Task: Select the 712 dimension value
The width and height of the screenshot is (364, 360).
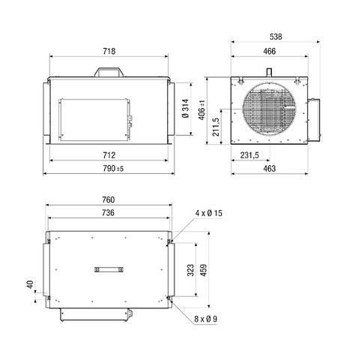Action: pyautogui.click(x=108, y=155)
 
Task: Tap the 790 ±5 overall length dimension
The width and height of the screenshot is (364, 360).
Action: pyautogui.click(x=108, y=169)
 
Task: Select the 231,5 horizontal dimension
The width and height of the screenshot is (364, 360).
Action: pyautogui.click(x=249, y=155)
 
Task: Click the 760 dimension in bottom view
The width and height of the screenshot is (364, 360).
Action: pyautogui.click(x=108, y=200)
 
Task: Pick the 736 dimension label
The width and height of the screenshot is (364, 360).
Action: pyautogui.click(x=108, y=214)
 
